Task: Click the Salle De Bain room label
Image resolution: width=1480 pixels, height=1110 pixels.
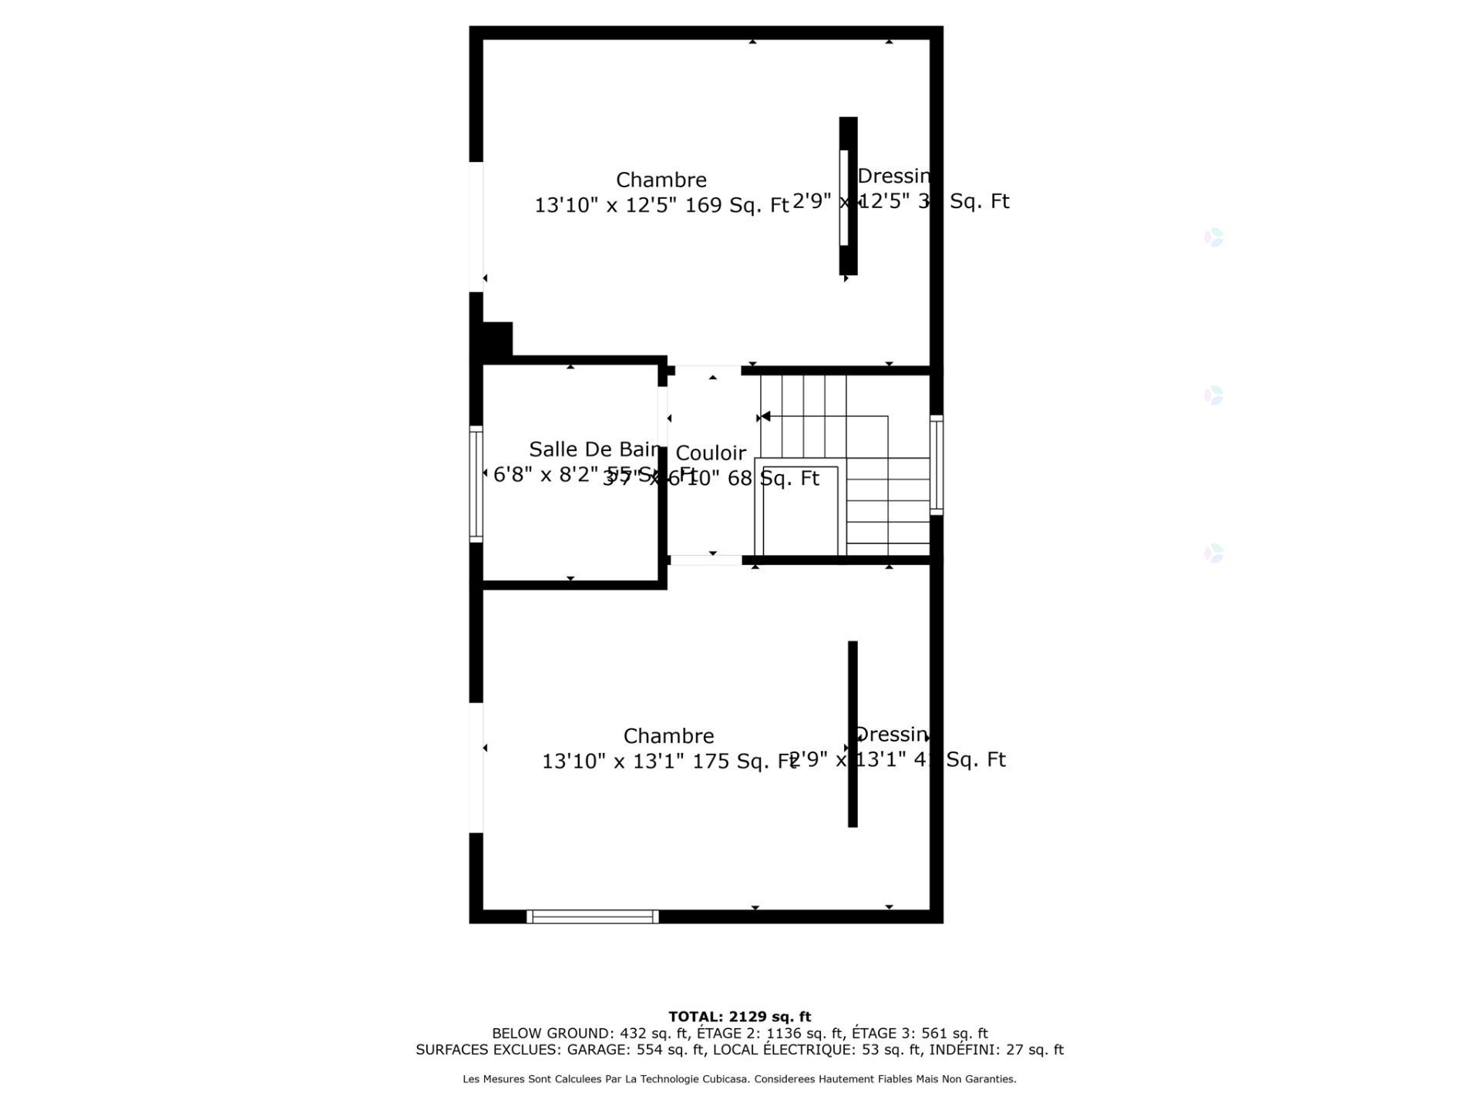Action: coord(594,449)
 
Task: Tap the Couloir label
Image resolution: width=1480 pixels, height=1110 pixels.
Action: coord(711,453)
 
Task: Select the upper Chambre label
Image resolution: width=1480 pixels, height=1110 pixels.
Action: coord(661,180)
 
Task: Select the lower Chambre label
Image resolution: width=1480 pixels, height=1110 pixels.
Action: coord(668,736)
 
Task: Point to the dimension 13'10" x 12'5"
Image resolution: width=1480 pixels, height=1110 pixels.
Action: coord(604,205)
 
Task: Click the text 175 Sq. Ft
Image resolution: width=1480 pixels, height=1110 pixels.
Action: coord(744,762)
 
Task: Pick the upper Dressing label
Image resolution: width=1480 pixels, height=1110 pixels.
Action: coord(894,177)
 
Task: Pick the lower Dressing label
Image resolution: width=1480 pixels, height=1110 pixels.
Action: coord(891,735)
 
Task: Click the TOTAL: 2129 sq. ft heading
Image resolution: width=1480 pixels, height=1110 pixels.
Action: coord(739,1017)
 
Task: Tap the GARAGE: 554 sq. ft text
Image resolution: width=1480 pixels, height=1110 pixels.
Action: coord(635,1050)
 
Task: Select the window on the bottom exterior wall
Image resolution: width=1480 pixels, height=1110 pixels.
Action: coord(592,917)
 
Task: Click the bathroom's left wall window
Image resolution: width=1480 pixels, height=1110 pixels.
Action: coord(476,483)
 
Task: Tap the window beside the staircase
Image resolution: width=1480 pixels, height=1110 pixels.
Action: coord(937,464)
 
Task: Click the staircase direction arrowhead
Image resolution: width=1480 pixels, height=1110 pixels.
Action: coord(765,417)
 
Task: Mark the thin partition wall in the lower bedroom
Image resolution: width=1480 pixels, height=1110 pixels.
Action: coord(853,734)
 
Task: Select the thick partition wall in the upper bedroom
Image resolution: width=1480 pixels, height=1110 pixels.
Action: coord(848,196)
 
